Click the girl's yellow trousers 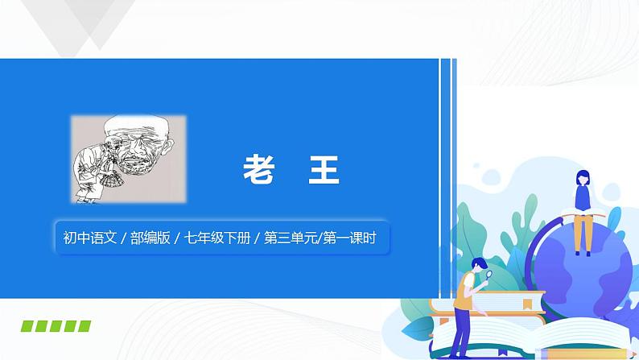(x=582, y=234)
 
